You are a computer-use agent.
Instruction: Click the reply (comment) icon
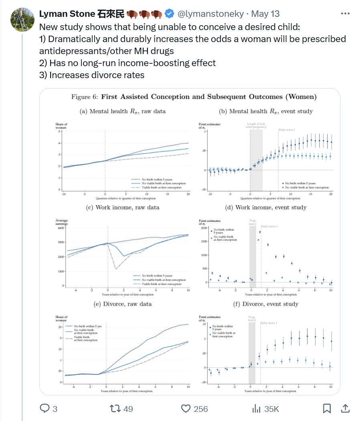(44, 408)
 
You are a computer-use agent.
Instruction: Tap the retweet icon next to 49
(115, 408)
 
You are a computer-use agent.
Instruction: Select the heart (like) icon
(185, 408)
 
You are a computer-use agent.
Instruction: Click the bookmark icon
(327, 408)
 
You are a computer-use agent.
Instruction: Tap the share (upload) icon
(344, 408)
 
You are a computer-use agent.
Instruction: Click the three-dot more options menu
(345, 14)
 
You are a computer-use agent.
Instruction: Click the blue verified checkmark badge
(170, 14)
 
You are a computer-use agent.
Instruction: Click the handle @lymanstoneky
(210, 14)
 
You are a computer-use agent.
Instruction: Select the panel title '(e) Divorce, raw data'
(122, 304)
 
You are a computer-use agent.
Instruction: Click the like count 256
(200, 409)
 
